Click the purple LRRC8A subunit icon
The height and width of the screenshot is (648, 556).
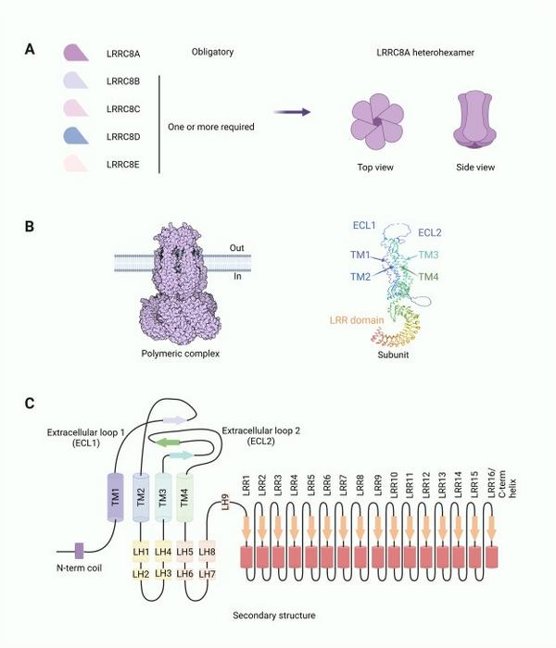pyautogui.click(x=76, y=53)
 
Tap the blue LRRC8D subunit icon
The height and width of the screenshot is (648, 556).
pyautogui.click(x=76, y=135)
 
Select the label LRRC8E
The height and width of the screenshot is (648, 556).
pyautogui.click(x=123, y=165)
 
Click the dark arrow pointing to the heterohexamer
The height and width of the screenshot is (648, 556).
pyautogui.click(x=292, y=112)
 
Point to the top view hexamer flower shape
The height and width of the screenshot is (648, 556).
pyautogui.click(x=377, y=121)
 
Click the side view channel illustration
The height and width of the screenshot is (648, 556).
pyautogui.click(x=474, y=119)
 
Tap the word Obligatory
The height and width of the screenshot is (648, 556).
pyautogui.click(x=212, y=52)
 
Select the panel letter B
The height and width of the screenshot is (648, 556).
pyautogui.click(x=30, y=227)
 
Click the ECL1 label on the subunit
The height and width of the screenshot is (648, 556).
pyautogui.click(x=364, y=225)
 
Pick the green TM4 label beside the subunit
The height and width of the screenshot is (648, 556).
pyautogui.click(x=428, y=277)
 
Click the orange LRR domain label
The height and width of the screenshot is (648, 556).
pyautogui.click(x=357, y=320)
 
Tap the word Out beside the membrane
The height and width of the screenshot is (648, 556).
pyautogui.click(x=236, y=247)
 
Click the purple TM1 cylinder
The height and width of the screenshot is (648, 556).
pyautogui.click(x=116, y=497)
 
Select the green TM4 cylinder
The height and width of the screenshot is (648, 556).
pyautogui.click(x=184, y=497)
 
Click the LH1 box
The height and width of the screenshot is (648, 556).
pyautogui.click(x=141, y=552)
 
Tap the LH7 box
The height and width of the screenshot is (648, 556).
pyautogui.click(x=207, y=574)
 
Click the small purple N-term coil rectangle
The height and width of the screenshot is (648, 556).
pyautogui.click(x=79, y=551)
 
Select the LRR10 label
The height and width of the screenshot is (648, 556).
pyautogui.click(x=394, y=484)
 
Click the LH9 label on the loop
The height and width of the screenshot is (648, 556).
pyautogui.click(x=225, y=502)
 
